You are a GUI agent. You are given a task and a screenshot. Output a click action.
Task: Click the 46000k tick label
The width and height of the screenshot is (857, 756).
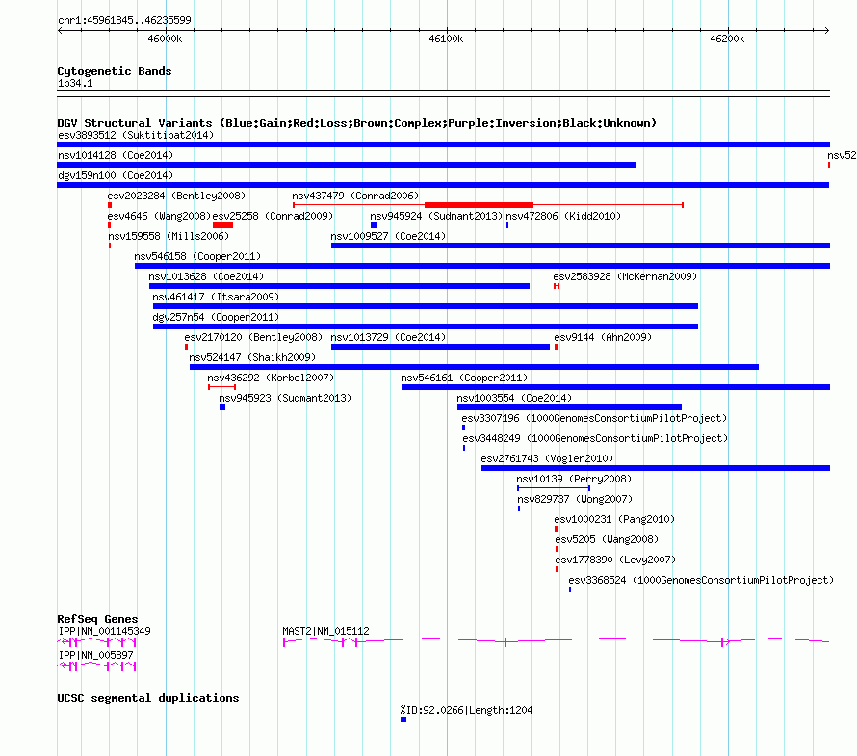pyautogui.click(x=165, y=39)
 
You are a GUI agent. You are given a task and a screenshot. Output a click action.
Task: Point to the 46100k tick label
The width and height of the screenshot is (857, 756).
pyautogui.click(x=446, y=39)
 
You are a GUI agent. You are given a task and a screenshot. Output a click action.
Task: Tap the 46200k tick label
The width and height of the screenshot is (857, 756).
pyautogui.click(x=727, y=39)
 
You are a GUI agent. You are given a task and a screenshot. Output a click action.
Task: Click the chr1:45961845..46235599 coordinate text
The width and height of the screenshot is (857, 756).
pyautogui.click(x=124, y=21)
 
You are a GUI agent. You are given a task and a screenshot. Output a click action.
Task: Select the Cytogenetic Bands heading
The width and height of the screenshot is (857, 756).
pyautogui.click(x=115, y=71)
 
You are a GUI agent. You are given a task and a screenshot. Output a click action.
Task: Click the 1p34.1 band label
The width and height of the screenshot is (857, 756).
pyautogui.click(x=75, y=83)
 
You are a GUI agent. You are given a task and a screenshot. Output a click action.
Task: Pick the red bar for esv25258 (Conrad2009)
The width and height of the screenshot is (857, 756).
pyautogui.click(x=223, y=225)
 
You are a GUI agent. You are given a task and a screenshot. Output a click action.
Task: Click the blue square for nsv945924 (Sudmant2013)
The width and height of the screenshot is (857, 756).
pyautogui.click(x=374, y=225)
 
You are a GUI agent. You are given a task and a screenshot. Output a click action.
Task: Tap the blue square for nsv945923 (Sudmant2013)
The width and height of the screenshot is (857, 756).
pyautogui.click(x=222, y=407)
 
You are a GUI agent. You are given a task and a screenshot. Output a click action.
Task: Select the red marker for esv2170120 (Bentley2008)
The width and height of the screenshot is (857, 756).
pyautogui.click(x=187, y=347)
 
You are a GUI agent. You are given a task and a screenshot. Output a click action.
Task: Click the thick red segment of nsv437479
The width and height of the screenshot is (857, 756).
pyautogui.click(x=479, y=205)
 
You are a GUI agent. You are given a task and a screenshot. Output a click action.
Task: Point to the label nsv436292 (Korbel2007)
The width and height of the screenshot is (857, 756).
pyautogui.click(x=271, y=378)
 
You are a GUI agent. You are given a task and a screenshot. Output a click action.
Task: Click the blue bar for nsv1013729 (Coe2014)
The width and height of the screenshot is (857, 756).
pyautogui.click(x=440, y=347)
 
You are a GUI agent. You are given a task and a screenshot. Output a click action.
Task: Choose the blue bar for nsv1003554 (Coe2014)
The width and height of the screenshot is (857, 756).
pyautogui.click(x=569, y=407)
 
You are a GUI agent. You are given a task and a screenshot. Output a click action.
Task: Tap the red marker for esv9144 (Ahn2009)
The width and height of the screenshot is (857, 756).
pyautogui.click(x=557, y=347)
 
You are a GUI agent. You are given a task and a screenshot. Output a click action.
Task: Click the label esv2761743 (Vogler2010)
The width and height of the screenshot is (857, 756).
pyautogui.click(x=547, y=458)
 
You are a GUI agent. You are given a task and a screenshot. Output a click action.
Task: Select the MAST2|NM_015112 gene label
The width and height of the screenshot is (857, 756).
pyautogui.click(x=325, y=631)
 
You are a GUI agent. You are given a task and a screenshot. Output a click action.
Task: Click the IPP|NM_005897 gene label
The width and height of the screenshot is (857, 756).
pyautogui.click(x=95, y=655)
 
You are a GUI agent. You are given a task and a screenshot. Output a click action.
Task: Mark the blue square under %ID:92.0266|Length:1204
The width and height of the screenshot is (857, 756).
pyautogui.click(x=403, y=719)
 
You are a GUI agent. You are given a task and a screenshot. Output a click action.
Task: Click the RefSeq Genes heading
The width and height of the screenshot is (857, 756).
pyautogui.click(x=97, y=619)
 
